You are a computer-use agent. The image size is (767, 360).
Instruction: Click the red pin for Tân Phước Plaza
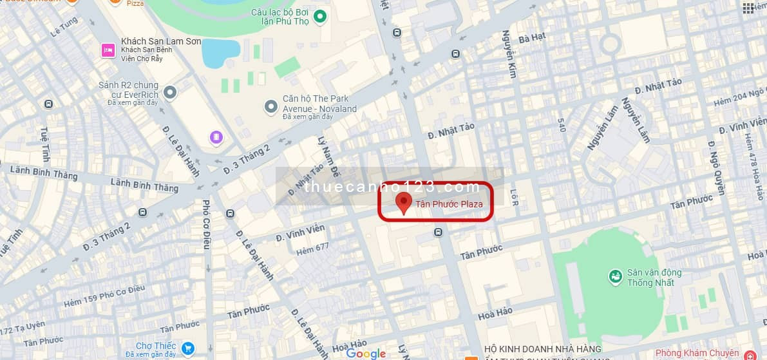(x=404, y=202)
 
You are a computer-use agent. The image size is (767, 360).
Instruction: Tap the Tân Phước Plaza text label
(x=449, y=204)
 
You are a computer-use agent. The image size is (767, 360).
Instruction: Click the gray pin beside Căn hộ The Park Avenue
(x=270, y=105)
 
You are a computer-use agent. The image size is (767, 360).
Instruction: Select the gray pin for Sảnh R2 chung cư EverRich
(x=170, y=93)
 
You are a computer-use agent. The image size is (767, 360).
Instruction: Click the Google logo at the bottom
(x=365, y=354)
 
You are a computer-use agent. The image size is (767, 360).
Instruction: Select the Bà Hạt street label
(x=531, y=38)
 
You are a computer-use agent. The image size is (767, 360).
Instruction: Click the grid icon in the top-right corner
(x=748, y=8)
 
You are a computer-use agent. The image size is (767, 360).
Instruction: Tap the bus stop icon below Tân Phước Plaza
(x=439, y=232)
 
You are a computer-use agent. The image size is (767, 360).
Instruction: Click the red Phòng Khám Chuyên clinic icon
(x=750, y=355)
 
